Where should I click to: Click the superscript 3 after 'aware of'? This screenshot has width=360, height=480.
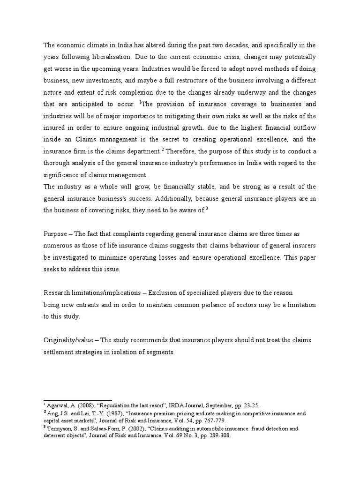(x=207, y=209)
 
